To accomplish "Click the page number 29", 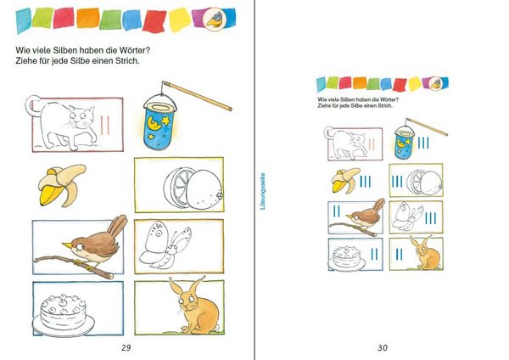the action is click(126, 347).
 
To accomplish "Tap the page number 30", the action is click(383, 347).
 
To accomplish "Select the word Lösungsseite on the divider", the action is click(263, 191).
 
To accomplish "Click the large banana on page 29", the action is click(62, 186).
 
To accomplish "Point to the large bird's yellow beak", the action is click(68, 245).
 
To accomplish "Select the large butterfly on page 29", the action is click(165, 245).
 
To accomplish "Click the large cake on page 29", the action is click(64, 315).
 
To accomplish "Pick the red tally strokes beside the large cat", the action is click(104, 125).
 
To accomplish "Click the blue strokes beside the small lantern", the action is click(423, 143).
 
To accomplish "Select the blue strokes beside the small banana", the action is click(365, 182).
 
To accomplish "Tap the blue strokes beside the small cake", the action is click(374, 255).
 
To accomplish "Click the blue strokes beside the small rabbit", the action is click(399, 255).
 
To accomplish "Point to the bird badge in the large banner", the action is click(213, 18).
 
